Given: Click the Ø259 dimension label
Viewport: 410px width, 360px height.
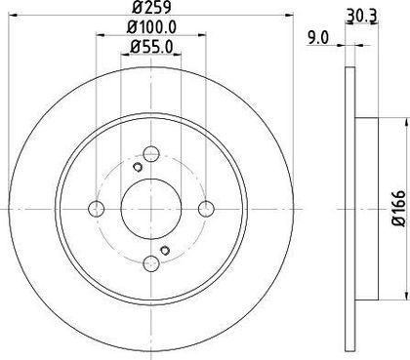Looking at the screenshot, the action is pyautogui.click(x=151, y=7).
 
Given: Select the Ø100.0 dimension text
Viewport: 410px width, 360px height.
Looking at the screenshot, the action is pyautogui.click(x=151, y=27).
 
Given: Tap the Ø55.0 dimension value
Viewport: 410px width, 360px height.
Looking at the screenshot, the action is pyautogui.click(x=151, y=47).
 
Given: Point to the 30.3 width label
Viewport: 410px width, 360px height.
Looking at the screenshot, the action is pyautogui.click(x=361, y=16).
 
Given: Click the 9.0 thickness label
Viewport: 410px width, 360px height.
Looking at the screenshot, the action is pyautogui.click(x=318, y=38).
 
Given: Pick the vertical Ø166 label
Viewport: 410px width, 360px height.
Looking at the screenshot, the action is pyautogui.click(x=399, y=209).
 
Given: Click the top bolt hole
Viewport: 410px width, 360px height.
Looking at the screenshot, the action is pyautogui.click(x=151, y=154).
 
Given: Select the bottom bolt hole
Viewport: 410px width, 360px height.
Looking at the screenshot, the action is pyautogui.click(x=151, y=262).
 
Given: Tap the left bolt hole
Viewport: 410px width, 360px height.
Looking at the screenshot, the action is pyautogui.click(x=97, y=209).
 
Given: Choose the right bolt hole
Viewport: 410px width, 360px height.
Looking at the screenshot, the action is pyautogui.click(x=206, y=209).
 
